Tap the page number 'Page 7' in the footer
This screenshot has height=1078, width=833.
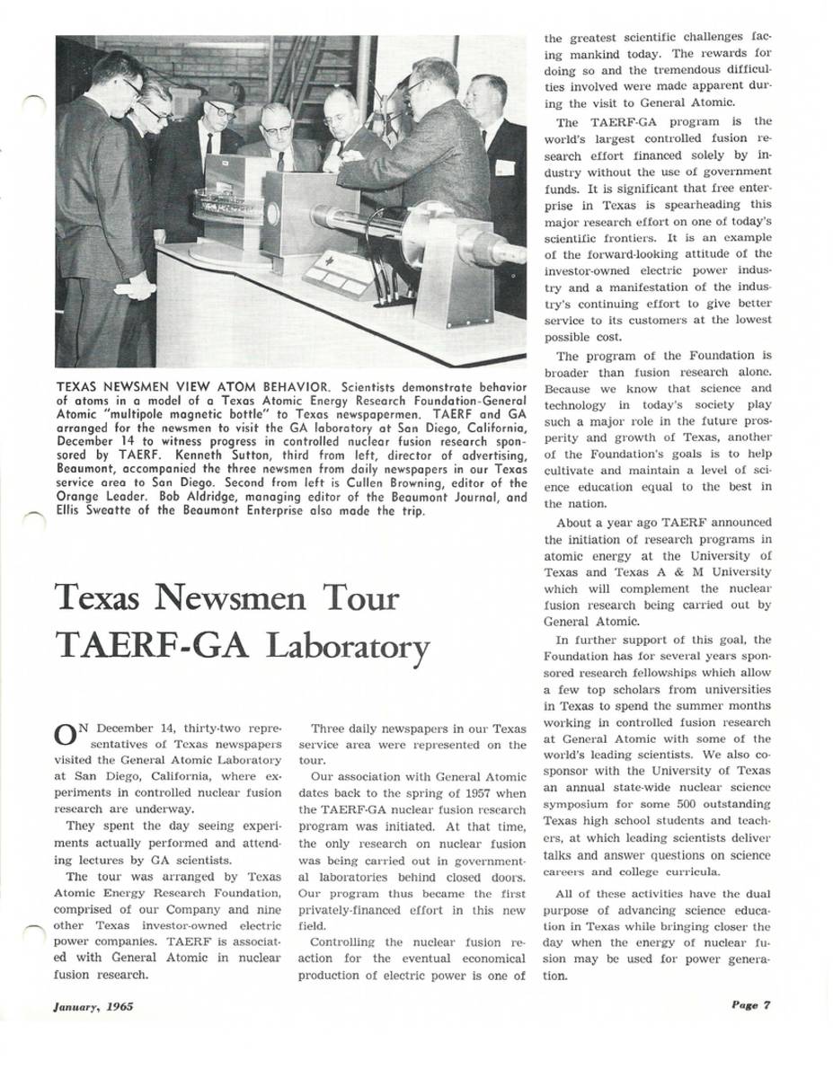click(750, 1005)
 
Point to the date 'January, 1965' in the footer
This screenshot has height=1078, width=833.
click(93, 1006)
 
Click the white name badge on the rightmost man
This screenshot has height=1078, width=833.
click(505, 167)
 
